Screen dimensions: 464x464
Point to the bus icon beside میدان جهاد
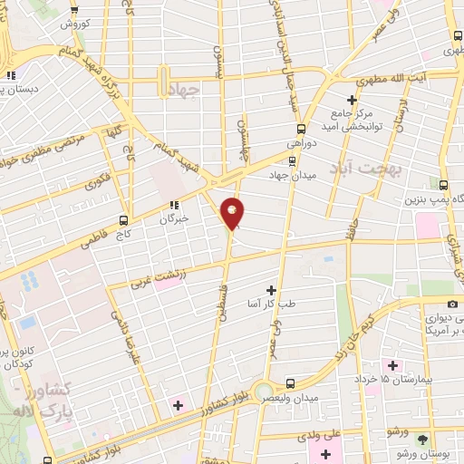[x=259, y=176]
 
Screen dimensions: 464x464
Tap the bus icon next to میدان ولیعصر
[x=290, y=383]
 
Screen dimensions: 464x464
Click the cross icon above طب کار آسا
[x=271, y=289]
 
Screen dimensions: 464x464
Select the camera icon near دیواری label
[x=452, y=304]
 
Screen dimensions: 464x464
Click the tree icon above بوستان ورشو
[x=421, y=439]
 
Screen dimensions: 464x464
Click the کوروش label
[x=73, y=25]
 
